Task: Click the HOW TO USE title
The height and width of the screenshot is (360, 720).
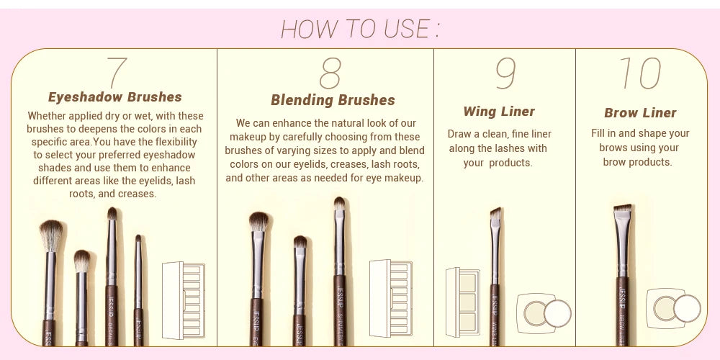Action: point(360,29)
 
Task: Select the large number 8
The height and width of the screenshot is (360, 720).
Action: point(330,73)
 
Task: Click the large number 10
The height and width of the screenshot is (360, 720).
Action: point(639,73)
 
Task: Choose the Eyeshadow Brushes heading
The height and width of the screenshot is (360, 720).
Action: point(115,97)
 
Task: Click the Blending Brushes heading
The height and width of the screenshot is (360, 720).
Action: point(333,100)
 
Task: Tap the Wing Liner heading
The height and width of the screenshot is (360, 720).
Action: point(499,112)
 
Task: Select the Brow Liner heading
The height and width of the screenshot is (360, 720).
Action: point(640,113)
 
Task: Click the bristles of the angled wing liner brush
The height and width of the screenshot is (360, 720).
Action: point(495,215)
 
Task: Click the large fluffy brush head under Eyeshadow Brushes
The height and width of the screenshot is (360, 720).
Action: point(51,235)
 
